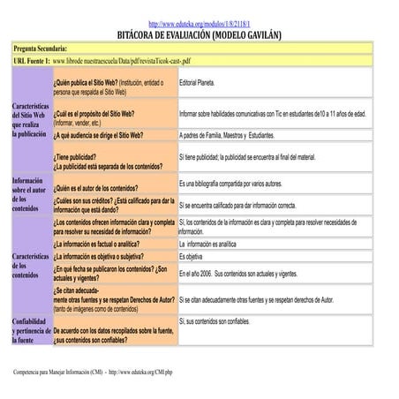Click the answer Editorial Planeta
(197, 81)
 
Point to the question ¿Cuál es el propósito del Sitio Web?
(94, 114)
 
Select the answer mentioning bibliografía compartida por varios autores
(230, 184)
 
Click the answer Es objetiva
(191, 256)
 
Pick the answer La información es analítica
(207, 244)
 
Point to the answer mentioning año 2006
(237, 275)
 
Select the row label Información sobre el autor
(31, 194)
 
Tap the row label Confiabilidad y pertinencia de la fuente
(31, 330)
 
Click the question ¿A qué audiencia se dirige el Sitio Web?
(98, 136)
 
